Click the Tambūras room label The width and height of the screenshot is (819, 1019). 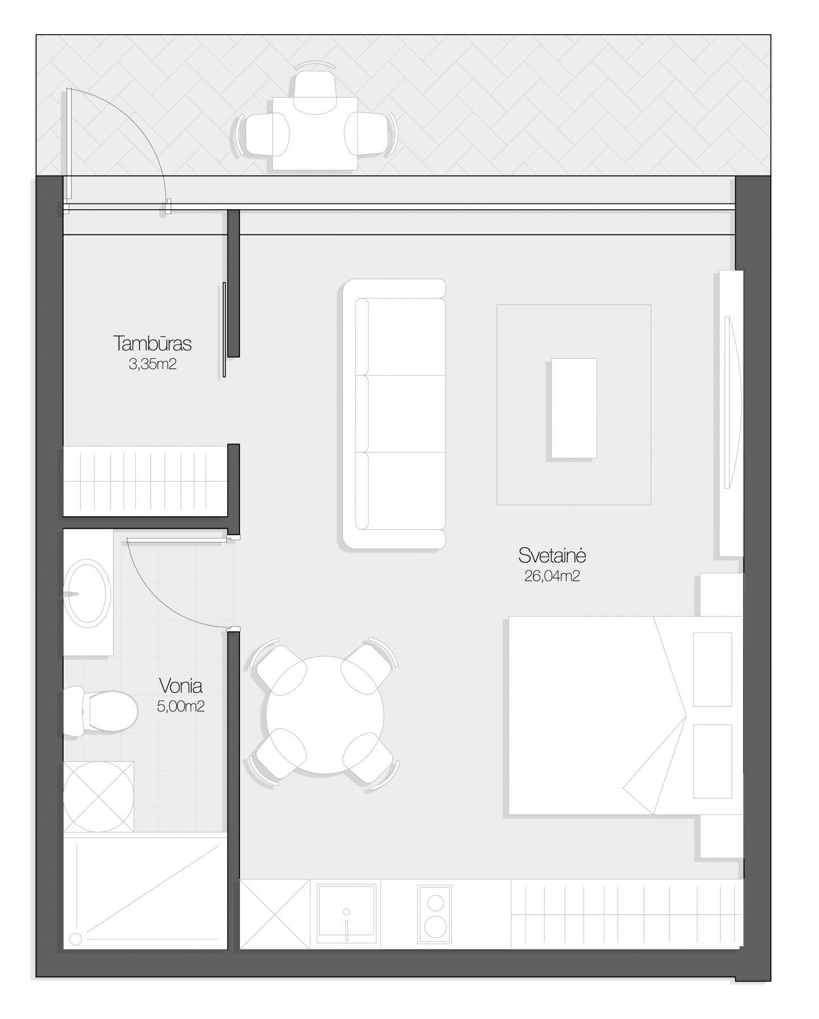coord(152,343)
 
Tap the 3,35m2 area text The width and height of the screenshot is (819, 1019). coord(152,364)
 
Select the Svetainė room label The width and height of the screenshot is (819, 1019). coord(552,555)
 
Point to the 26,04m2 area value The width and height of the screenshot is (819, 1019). coord(552,576)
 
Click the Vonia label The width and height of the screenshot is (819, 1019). coord(181,686)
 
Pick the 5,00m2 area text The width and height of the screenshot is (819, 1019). coord(181,707)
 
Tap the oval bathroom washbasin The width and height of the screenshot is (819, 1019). coord(88,594)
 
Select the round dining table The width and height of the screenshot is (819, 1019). coord(325,715)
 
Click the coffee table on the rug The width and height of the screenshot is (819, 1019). coord(573,408)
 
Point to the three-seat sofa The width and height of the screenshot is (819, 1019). coord(394,414)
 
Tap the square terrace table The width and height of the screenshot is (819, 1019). coord(315,134)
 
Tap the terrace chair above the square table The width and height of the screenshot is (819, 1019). coord(315,90)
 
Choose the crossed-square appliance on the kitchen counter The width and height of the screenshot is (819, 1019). coord(275,914)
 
